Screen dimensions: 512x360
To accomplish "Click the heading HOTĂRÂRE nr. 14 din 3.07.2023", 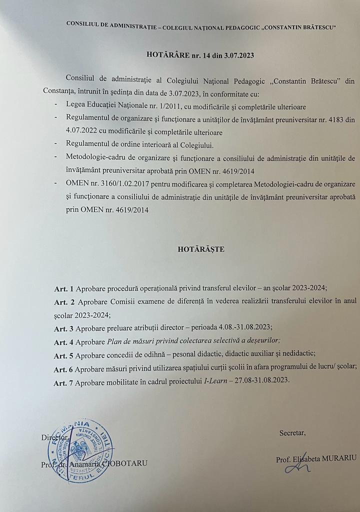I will point(200,55).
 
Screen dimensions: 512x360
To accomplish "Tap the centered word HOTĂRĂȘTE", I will point(201,249).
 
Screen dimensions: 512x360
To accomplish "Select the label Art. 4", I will point(63,342).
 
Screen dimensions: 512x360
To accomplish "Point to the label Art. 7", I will point(63,380).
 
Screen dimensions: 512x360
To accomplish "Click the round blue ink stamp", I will point(80,450).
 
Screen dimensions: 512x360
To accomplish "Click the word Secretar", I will point(292,433).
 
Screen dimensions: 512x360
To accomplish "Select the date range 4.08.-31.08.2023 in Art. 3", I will point(237,328).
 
